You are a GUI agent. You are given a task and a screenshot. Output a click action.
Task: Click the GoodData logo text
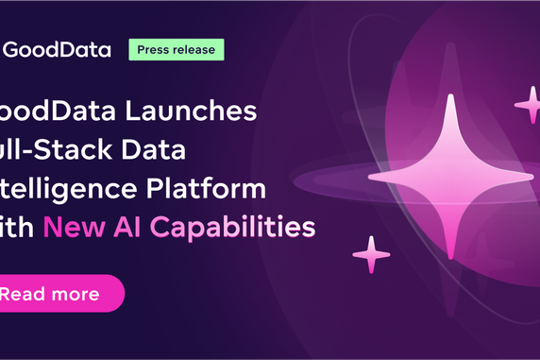(56, 49)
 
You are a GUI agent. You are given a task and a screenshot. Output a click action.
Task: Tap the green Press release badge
(177, 49)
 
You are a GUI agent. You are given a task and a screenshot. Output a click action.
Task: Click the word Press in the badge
(155, 49)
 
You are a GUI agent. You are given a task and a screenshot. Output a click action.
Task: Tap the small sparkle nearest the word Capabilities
(371, 254)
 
